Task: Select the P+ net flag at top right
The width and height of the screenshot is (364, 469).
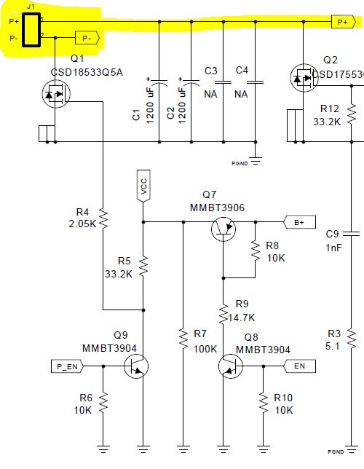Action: [342, 22]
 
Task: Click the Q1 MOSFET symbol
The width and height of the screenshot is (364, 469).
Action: [55, 94]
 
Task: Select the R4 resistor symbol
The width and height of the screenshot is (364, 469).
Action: [103, 217]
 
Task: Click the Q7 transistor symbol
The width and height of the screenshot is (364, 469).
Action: [223, 229]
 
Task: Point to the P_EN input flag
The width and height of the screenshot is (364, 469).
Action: [68, 366]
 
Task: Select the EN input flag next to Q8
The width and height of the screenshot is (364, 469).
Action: [298, 366]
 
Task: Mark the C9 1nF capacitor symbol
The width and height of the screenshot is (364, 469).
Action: [351, 234]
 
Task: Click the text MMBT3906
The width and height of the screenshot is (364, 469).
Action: [217, 208]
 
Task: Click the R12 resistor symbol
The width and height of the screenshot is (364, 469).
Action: [351, 112]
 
